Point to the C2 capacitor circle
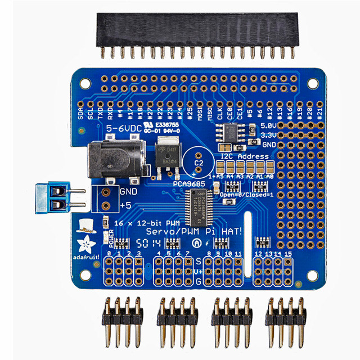[x=198, y=158]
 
